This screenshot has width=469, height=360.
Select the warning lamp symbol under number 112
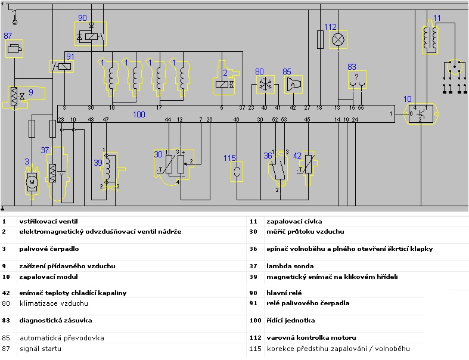338,40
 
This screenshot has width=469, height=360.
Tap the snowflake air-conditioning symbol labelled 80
264,85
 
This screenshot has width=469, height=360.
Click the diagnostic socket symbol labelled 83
356,79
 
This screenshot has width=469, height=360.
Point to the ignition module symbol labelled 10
422,113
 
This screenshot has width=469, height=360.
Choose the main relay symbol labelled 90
91,36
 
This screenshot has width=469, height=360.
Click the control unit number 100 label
139,114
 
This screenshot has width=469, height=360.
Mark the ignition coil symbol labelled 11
429,37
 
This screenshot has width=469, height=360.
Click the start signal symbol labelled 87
16,48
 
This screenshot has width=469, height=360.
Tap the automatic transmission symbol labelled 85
294,85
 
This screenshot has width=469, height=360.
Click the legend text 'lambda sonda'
290,266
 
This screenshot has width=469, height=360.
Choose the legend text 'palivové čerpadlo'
49,249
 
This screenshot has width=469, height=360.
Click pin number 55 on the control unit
361,108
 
